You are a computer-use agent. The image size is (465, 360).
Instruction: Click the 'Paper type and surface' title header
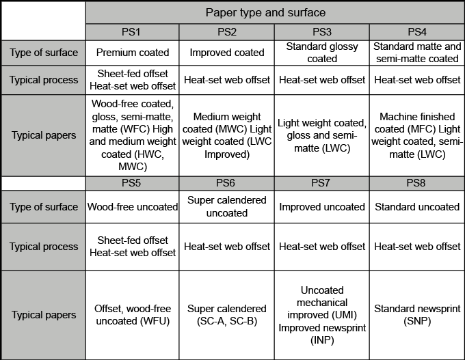275,12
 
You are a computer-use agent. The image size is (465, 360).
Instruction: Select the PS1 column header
132,32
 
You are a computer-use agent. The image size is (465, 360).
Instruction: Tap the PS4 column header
417,32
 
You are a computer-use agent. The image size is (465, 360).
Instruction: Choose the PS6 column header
226,183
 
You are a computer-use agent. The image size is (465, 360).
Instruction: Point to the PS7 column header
322,183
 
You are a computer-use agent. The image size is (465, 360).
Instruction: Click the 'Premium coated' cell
132,53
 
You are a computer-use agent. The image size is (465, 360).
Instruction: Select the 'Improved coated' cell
226,53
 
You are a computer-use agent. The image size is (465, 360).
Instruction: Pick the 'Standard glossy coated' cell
322,53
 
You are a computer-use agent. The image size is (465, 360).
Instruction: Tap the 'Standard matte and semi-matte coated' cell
417,53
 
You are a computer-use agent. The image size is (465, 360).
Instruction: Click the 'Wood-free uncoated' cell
132,207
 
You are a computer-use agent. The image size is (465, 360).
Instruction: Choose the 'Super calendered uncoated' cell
226,207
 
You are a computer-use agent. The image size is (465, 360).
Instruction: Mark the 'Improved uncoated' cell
322,207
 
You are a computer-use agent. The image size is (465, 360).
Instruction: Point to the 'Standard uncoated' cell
417,207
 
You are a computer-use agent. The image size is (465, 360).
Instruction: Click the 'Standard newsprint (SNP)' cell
417,315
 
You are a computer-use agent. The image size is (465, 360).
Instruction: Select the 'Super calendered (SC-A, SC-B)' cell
226,315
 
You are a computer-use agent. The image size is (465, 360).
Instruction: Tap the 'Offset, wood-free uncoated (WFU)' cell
132,315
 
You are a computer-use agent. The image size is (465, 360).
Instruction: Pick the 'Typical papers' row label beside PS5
44,315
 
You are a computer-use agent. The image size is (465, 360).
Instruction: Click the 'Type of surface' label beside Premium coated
44,53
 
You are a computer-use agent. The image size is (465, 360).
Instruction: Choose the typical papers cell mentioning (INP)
322,315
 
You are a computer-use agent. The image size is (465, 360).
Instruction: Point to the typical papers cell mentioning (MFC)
417,135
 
